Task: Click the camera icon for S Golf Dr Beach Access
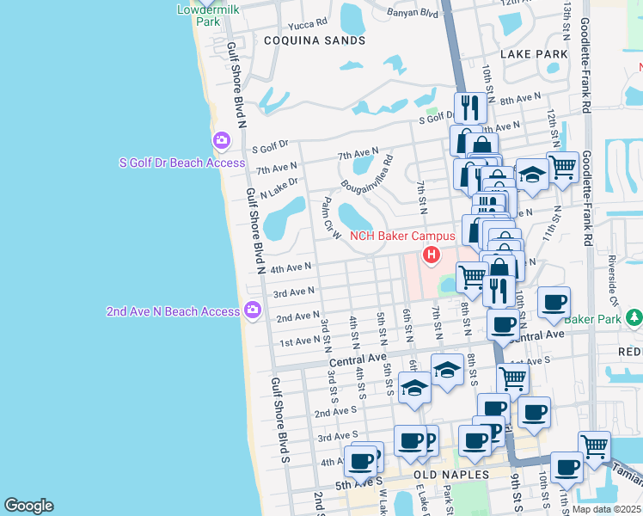click(222, 140)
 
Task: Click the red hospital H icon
click(431, 255)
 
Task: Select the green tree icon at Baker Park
click(634, 318)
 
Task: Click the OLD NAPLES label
click(451, 475)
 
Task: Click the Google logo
click(28, 506)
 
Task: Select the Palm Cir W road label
click(327, 219)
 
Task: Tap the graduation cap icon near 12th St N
click(532, 175)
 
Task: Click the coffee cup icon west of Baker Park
click(555, 302)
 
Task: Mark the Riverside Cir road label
click(615, 284)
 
